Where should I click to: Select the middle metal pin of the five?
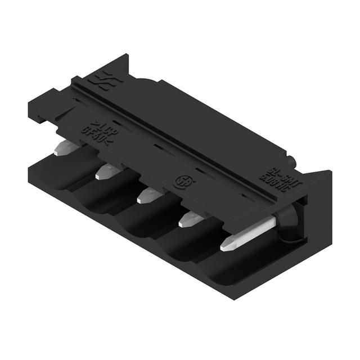click(x=149, y=195)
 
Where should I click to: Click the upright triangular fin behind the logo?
click(x=119, y=66)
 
